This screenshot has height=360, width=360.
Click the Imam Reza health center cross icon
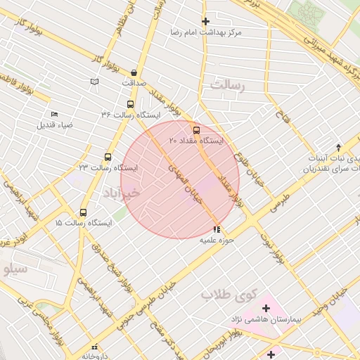(x=205, y=21)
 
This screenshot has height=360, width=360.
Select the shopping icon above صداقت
(x=134, y=72)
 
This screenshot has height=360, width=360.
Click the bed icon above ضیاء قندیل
(x=55, y=115)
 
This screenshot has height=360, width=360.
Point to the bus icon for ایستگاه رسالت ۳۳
(x=108, y=157)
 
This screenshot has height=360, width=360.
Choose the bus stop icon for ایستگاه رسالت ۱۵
(x=84, y=212)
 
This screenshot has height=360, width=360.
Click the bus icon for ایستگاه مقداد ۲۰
(x=195, y=130)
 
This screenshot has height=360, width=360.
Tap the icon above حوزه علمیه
(x=217, y=229)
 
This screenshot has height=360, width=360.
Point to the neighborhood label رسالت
(x=226, y=84)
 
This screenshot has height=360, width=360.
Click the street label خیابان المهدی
(x=184, y=181)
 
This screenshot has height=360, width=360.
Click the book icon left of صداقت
(x=94, y=82)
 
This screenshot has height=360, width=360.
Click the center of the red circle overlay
(x=180, y=180)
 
